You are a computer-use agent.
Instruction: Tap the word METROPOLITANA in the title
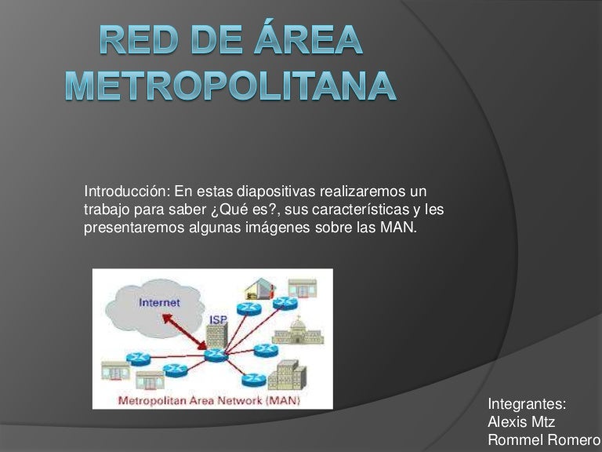pos(230,86)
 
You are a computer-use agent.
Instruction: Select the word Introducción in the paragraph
pos(126,191)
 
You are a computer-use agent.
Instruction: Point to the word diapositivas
pos(276,191)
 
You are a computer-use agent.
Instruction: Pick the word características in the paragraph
pos(360,210)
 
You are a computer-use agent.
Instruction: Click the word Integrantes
pos(527,404)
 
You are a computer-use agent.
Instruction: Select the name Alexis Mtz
pos(521,422)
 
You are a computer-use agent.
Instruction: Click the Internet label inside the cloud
pos(159,303)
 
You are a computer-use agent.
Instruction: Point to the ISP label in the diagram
pos(218,319)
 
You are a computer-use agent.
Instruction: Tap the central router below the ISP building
pos(216,355)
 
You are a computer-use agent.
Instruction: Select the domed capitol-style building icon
pos(298,331)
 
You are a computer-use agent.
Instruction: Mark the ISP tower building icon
pos(217,336)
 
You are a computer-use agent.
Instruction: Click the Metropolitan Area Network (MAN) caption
pos(209,400)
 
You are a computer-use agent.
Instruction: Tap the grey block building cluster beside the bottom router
pos(287,375)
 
